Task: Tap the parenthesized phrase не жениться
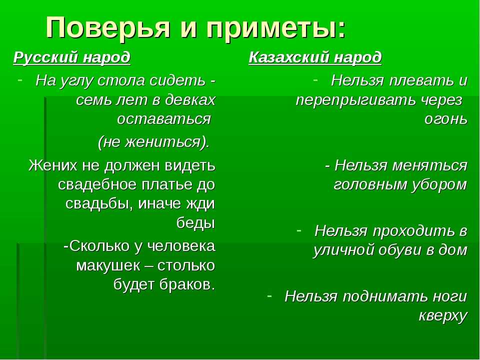(153, 142)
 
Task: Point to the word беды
(195, 222)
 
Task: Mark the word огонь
(446, 119)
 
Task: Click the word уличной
(343, 250)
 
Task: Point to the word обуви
(400, 250)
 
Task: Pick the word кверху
(443, 316)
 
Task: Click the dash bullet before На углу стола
(20, 79)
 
